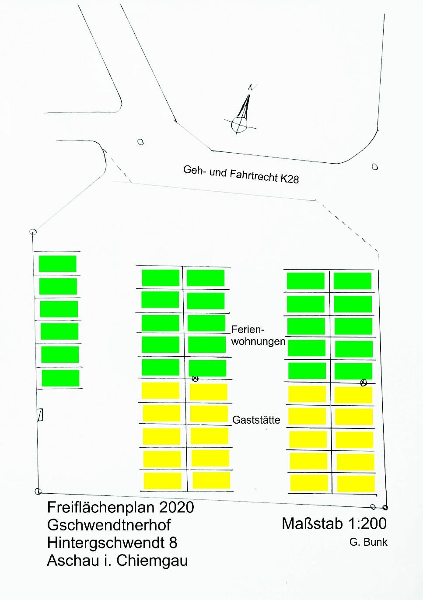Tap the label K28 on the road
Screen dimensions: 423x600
(290, 179)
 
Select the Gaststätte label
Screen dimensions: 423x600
(256, 420)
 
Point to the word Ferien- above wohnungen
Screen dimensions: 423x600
(248, 329)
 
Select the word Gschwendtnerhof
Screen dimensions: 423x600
(108, 525)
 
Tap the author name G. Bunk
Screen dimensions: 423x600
(368, 542)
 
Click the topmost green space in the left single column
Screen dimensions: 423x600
(58, 263)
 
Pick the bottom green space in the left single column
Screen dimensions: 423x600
(60, 378)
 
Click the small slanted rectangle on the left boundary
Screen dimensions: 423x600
(40, 414)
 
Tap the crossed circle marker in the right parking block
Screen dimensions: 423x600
(364, 383)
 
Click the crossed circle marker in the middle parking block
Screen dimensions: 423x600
(196, 379)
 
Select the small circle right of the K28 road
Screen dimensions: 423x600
(375, 167)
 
